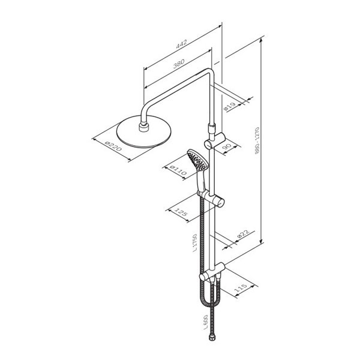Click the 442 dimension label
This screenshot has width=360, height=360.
pyautogui.click(x=182, y=44)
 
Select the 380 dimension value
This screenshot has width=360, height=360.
pyautogui.click(x=179, y=64)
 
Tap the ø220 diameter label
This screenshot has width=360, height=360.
pyautogui.click(x=113, y=146)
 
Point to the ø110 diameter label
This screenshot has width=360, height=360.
pyautogui.click(x=178, y=170)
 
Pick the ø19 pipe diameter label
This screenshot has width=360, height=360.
pyautogui.click(x=230, y=107)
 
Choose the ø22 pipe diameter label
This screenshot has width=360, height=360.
pyautogui.click(x=243, y=235)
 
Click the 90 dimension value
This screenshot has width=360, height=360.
pyautogui.click(x=227, y=146)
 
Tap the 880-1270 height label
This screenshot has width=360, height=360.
pyautogui.click(x=257, y=141)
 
